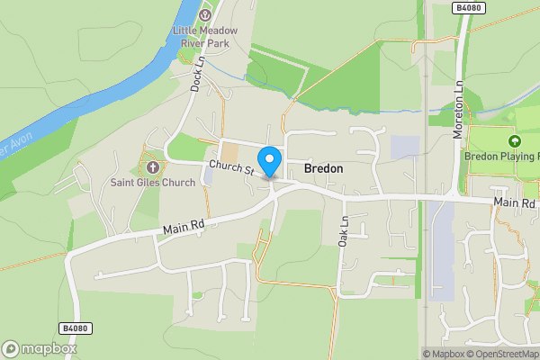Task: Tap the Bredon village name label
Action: coord(323,168)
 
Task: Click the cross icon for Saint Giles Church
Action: coord(152,166)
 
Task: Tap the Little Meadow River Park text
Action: coord(205,36)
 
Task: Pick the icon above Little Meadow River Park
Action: coord(205,13)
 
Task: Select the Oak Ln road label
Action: coord(343,231)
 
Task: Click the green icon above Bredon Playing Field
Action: coord(515,141)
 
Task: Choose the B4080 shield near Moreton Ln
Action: coord(465,7)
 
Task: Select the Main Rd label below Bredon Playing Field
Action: coord(514,205)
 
